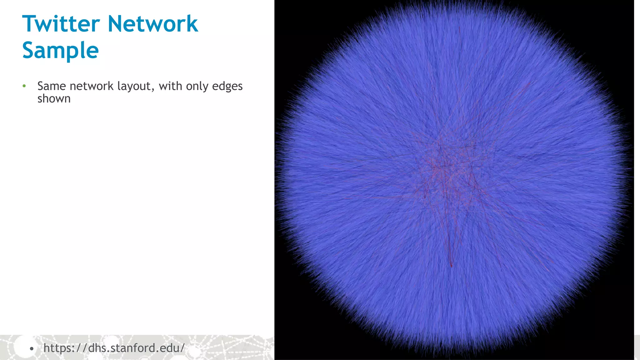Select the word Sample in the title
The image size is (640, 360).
tap(61, 50)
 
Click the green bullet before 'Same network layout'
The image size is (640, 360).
tap(24, 86)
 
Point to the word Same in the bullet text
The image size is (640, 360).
tap(52, 86)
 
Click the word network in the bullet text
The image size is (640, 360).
tap(92, 86)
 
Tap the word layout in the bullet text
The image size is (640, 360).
tap(134, 86)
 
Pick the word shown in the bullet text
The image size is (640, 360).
tap(54, 99)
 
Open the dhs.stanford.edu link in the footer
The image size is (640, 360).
tap(114, 348)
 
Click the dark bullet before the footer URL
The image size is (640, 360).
tap(31, 348)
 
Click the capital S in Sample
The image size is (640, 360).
tap(29, 50)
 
